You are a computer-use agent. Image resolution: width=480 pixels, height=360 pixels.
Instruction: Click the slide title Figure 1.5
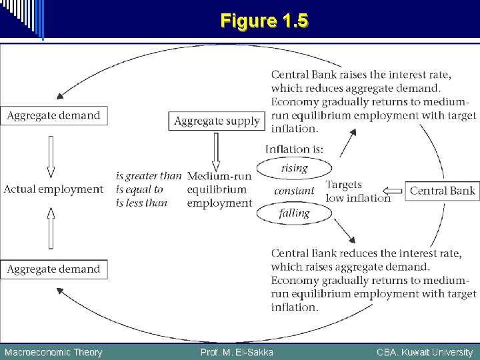point(264,21)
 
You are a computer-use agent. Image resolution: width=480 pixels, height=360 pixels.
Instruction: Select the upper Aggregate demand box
point(53,115)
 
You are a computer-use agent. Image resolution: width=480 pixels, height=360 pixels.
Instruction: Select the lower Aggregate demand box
point(53,269)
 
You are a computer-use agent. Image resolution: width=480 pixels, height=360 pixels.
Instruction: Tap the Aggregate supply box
point(217,121)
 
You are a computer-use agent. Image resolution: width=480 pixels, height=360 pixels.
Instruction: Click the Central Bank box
point(442,191)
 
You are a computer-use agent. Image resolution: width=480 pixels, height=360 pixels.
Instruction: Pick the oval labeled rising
point(294,168)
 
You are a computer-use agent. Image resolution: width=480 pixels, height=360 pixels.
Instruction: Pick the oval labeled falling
point(294,213)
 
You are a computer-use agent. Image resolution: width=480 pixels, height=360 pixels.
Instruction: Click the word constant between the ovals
point(294,191)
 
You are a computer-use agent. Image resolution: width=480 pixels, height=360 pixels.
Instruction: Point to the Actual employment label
point(53,189)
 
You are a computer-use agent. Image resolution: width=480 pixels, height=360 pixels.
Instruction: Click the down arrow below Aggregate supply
point(215,152)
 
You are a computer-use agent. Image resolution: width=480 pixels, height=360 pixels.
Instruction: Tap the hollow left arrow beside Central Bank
point(395,191)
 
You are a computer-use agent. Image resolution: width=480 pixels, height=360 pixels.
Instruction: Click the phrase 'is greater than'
point(148,176)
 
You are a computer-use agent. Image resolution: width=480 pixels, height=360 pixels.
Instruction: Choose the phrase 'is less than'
point(141,203)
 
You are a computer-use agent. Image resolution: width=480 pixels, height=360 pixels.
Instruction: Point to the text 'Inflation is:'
point(294,149)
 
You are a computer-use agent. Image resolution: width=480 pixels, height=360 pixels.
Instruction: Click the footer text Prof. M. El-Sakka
point(237,352)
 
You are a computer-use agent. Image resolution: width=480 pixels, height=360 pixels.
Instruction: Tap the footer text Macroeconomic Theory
point(53,352)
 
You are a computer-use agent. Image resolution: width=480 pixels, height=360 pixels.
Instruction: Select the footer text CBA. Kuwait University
point(424,352)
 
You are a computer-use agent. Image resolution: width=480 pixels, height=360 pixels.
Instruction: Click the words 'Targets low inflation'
point(357,191)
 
